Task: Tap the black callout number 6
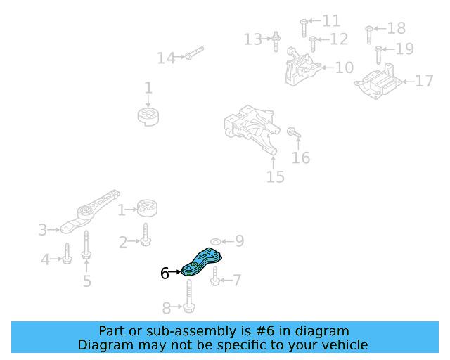coord(165,274)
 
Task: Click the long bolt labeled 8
coord(190,297)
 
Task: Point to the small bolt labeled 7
coord(215,281)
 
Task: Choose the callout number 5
coord(87,282)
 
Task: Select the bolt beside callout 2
coord(146,235)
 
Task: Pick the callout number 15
coord(276,176)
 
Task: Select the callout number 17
coord(425,82)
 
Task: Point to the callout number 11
coord(330,21)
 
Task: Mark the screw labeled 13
coord(276,40)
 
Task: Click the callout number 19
coord(405,49)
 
